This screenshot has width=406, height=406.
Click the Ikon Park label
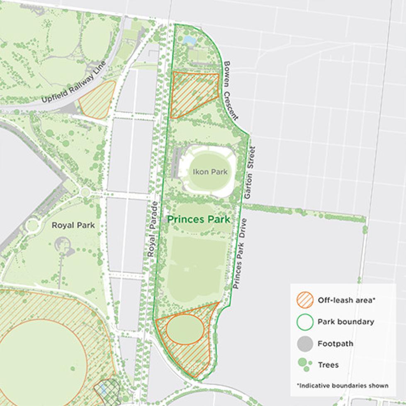(210, 171)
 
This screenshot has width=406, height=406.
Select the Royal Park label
(73, 225)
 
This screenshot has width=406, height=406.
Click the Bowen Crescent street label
(233, 90)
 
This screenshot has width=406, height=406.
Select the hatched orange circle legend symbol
(305, 300)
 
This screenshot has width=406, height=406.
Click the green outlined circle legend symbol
(305, 322)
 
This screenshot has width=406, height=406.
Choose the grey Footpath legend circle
(305, 343)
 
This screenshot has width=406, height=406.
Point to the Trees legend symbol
(305, 365)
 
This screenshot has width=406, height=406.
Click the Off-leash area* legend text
(346, 300)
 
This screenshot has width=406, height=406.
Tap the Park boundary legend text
(346, 322)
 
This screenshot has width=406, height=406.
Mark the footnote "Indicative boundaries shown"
(342, 386)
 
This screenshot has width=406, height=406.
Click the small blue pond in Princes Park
(190, 40)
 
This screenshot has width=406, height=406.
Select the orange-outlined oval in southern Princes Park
(185, 329)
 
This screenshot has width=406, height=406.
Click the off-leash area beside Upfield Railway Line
(97, 100)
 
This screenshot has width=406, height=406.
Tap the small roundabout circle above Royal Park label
(85, 192)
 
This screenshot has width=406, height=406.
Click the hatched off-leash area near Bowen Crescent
(193, 93)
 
